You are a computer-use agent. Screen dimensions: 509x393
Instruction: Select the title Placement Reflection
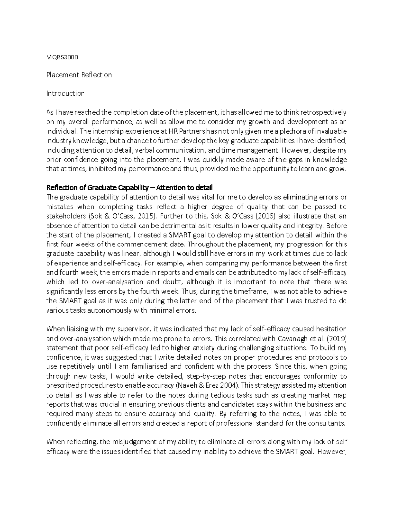[x=79, y=75]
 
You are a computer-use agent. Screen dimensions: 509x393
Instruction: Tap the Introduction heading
[x=65, y=93]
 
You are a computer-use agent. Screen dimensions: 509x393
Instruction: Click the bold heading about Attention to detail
[x=129, y=188]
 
